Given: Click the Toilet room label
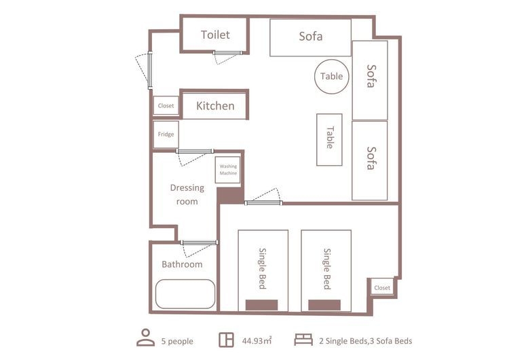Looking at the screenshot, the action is coord(215,35).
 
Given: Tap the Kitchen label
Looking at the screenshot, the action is coord(215,106).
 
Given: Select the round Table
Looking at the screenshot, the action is coord(331,77).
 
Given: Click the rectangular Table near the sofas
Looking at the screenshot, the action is coord(329,140).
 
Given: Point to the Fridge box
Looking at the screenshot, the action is coord(166,134).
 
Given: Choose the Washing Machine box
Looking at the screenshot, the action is coord(228,170).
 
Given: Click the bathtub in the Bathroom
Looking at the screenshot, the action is coord(185,294).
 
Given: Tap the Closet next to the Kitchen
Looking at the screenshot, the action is coord(166,105).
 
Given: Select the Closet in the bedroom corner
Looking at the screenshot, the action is coord(382,287).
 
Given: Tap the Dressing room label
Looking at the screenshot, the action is coord(187,195).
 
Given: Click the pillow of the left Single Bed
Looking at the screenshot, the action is coord(261,305).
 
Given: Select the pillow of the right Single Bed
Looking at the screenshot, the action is coord(324,305).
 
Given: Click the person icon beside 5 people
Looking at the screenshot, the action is coord(146,338).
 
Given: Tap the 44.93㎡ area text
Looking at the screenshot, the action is coord(257,341).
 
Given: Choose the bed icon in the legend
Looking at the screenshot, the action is coord(303,340).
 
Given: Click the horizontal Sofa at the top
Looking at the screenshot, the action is coord(310,37).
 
